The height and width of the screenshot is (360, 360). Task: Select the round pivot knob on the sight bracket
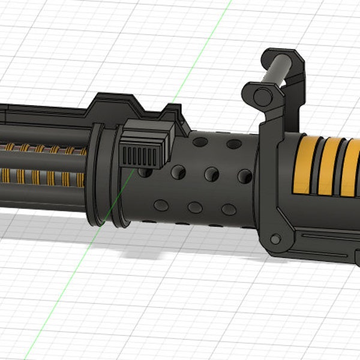(262, 97)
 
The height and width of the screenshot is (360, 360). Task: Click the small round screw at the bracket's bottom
(275, 240)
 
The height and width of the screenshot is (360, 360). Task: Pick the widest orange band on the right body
(304, 166)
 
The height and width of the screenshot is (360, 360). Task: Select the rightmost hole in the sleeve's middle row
(244, 175)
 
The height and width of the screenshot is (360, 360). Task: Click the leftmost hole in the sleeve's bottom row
(161, 205)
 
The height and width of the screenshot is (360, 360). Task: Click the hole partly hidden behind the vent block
(145, 172)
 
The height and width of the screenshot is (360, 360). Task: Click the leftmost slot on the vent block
(126, 157)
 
